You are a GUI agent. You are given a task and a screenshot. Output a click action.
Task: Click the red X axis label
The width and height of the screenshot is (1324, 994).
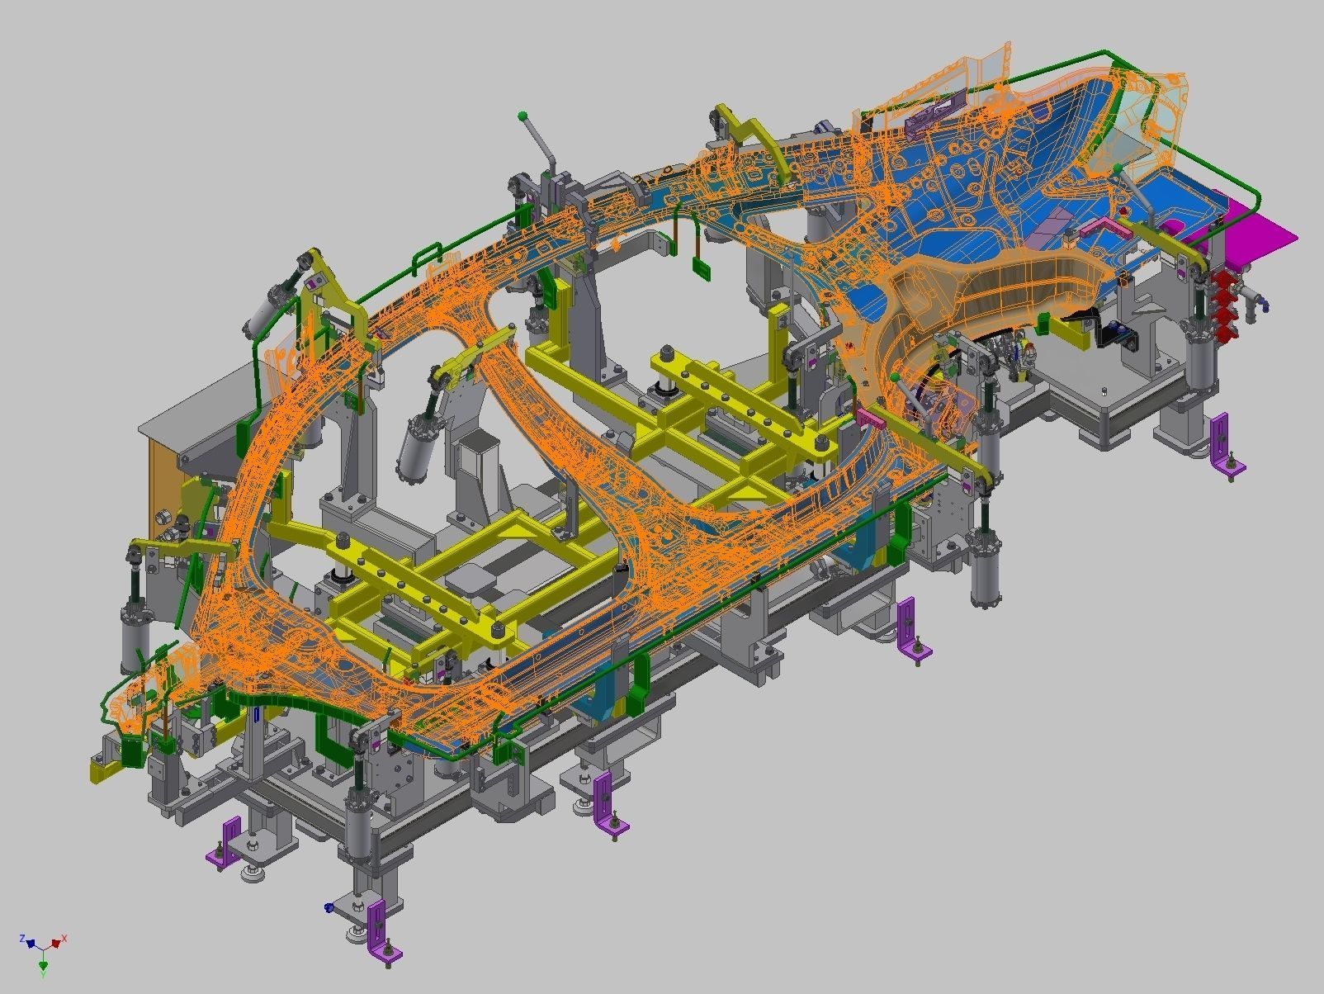click(64, 940)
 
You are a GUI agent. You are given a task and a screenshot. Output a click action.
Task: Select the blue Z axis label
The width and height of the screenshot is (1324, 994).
click(23, 939)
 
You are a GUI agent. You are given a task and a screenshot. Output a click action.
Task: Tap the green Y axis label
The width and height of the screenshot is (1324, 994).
click(44, 973)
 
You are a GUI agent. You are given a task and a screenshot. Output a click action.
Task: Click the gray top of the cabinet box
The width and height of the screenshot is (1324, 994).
click(199, 398)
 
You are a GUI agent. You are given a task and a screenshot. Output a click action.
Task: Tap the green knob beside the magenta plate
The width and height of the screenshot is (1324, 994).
click(1117, 168)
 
